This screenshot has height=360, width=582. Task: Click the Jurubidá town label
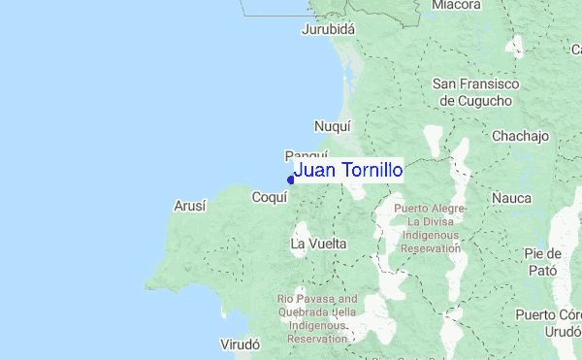tap(330, 29)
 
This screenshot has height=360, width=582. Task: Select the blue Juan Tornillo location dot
tap(291, 179)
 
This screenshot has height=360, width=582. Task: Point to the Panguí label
tap(307, 155)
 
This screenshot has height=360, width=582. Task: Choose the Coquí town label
tap(270, 197)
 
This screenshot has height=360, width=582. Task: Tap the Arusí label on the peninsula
tap(189, 206)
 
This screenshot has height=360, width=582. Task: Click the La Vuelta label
tap(319, 243)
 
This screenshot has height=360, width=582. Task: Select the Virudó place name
tap(242, 344)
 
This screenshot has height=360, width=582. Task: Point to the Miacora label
tap(456, 5)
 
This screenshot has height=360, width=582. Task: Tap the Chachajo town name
tap(521, 136)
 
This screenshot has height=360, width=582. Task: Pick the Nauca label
tap(511, 198)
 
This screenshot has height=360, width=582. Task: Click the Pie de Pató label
tap(543, 262)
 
